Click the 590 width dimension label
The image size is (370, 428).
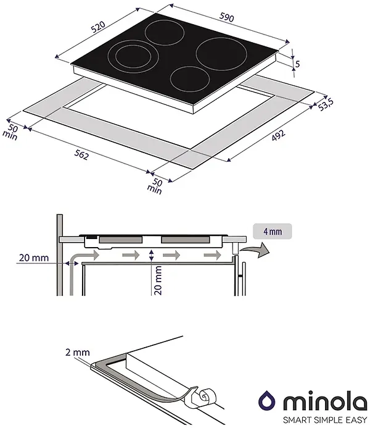click(x=227, y=17)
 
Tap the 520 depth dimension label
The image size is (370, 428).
click(x=98, y=27)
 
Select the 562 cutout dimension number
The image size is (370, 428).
click(x=81, y=155)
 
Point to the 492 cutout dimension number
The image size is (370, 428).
click(x=278, y=135)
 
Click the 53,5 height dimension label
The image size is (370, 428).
click(x=326, y=104)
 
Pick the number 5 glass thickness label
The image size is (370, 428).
click(x=297, y=64)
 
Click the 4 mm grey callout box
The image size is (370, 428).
click(x=273, y=232)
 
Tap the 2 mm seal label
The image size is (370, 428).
click(x=78, y=352)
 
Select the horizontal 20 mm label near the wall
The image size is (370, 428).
click(x=34, y=258)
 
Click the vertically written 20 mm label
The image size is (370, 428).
click(x=158, y=280)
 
